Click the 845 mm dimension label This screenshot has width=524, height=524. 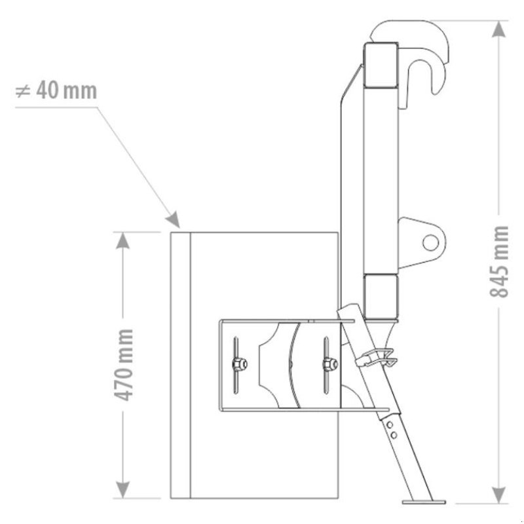(x=499, y=261)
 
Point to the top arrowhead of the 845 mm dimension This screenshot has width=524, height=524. (x=499, y=29)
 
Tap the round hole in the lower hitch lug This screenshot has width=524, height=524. (x=430, y=242)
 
